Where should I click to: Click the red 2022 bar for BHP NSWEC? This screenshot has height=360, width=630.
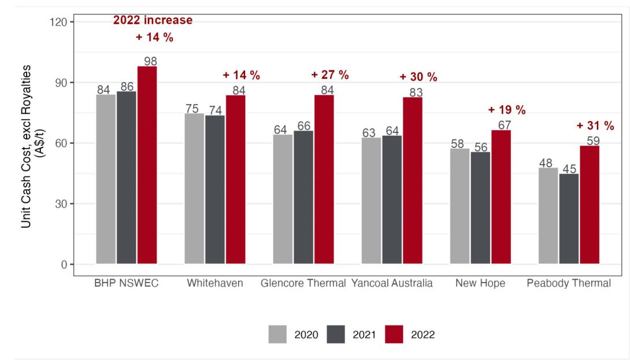pos(147,165)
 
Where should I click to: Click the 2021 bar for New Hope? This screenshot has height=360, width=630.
pos(480,208)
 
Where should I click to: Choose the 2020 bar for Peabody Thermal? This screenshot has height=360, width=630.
pos(548,216)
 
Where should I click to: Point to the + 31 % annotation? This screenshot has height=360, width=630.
pos(595,126)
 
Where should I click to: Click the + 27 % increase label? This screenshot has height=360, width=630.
pos(330,75)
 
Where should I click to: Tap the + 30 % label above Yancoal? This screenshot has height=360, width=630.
pos(418,77)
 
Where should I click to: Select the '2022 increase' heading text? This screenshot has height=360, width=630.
pos(153,21)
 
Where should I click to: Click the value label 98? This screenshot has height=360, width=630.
pos(150,61)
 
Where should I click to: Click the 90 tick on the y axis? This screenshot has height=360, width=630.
pos(61,83)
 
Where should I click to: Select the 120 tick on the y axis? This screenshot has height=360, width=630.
pos(59,22)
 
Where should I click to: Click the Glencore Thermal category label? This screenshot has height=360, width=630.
pos(303,283)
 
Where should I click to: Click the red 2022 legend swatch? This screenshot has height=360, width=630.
pos(392,335)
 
